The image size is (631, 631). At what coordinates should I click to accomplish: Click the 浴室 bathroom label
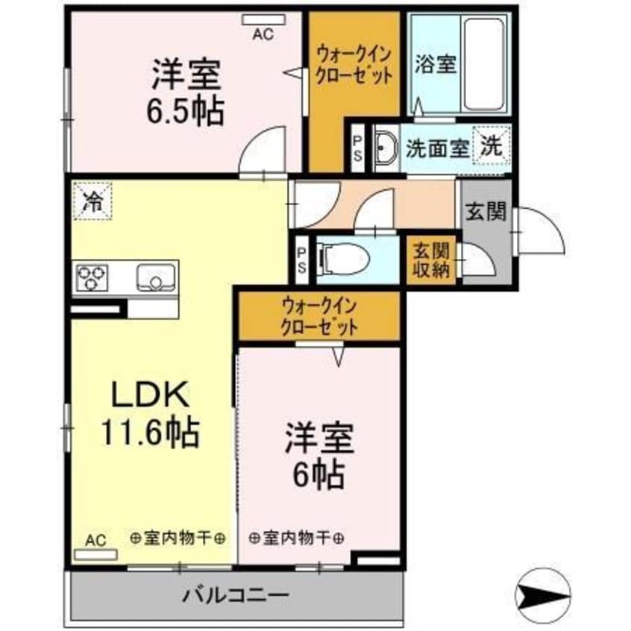[435, 63]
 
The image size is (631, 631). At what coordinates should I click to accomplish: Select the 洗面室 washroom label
[437, 148]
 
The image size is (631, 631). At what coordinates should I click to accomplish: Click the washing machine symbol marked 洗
[491, 147]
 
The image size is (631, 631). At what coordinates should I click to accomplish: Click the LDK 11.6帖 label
[149, 412]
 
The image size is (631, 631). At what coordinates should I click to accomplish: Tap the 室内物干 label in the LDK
[178, 537]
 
